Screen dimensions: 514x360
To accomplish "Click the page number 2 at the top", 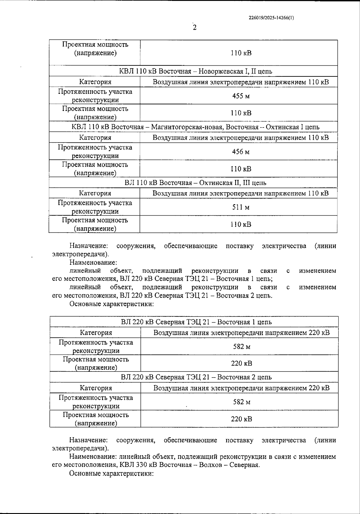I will (195, 28).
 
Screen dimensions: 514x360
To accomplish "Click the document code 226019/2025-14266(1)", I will (271, 18).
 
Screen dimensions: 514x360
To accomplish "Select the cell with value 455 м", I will (241, 96).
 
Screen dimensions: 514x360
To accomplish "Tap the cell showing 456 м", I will (241, 152).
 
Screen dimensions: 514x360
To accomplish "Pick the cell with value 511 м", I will (241, 207).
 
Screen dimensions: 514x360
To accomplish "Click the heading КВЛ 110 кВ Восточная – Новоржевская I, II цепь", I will (196, 71).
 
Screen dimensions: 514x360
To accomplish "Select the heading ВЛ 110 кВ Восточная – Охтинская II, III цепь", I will (195, 183).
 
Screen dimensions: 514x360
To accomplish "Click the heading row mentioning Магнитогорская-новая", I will (195, 127).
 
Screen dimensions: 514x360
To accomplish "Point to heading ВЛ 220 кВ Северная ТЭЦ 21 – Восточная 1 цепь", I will (196, 322).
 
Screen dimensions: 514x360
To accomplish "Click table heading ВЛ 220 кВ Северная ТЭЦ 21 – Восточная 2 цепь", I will (196, 377).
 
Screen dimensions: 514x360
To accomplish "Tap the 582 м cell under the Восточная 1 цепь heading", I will (241, 347).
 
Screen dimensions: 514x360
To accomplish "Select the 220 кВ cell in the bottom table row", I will (241, 419).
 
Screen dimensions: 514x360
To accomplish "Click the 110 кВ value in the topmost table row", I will (241, 53).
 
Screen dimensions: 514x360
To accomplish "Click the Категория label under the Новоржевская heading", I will (95, 82).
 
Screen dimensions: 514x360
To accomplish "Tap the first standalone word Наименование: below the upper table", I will (93, 262).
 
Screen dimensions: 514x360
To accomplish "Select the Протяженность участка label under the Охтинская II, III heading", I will (95, 203).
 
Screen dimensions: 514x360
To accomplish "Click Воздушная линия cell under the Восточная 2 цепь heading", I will (241, 388).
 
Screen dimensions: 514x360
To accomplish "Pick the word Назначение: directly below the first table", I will (88, 246).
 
